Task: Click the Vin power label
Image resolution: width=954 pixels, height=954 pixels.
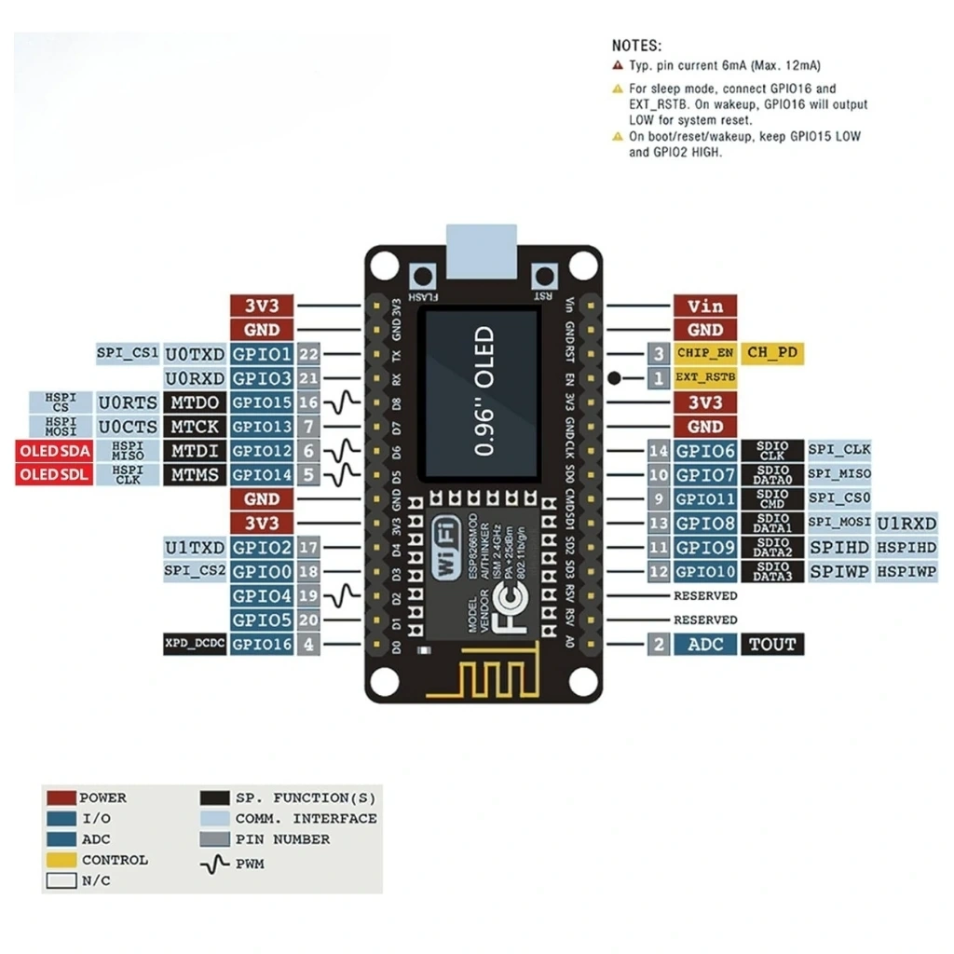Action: pyautogui.click(x=705, y=306)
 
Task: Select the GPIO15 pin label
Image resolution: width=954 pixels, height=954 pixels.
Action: pyautogui.click(x=262, y=402)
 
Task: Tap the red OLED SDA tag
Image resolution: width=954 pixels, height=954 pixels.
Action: pyautogui.click(x=54, y=451)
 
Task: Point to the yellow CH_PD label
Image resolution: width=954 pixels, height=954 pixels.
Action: pyautogui.click(x=772, y=353)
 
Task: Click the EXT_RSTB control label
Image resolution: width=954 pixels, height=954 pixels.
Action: pyautogui.click(x=705, y=378)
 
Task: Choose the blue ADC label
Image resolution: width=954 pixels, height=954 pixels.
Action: pyautogui.click(x=705, y=644)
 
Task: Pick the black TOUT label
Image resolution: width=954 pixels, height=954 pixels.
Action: pyautogui.click(x=772, y=644)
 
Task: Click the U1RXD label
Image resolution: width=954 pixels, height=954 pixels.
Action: pyautogui.click(x=906, y=524)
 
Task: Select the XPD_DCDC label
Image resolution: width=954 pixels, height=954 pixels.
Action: pyautogui.click(x=195, y=644)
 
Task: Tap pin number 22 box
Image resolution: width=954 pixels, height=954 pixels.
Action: pyautogui.click(x=309, y=354)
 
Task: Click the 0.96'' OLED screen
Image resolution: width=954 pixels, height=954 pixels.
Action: pyautogui.click(x=482, y=391)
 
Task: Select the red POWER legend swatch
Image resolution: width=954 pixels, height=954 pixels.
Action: pyautogui.click(x=61, y=798)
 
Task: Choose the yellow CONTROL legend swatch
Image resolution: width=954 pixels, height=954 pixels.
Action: pyautogui.click(x=61, y=860)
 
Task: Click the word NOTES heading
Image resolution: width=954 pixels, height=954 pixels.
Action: pyautogui.click(x=637, y=45)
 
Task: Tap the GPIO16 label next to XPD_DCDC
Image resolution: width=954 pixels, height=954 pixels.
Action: pyautogui.click(x=262, y=644)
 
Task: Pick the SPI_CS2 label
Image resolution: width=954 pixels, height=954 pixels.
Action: pyautogui.click(x=195, y=571)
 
